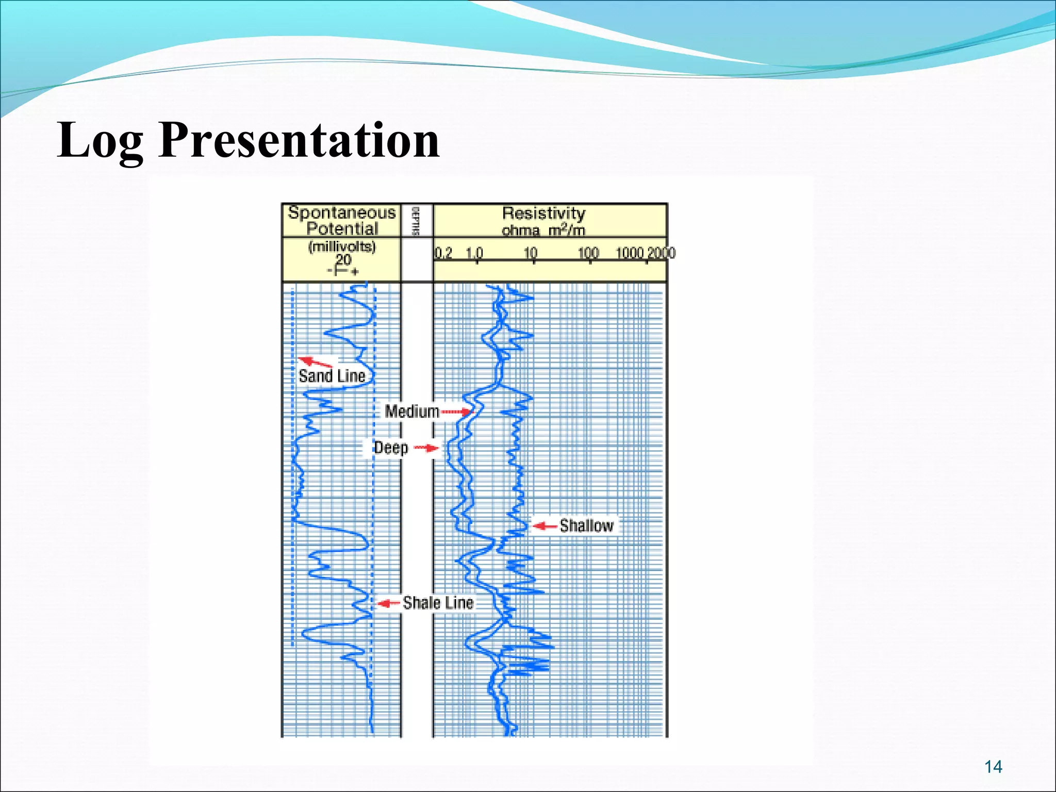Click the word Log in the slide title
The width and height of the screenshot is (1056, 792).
pos(100,140)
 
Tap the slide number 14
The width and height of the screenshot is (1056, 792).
pos(993,767)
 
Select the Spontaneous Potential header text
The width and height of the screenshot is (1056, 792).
pos(342,220)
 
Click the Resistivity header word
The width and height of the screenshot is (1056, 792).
pos(543,213)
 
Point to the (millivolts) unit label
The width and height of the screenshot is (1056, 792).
pos(342,246)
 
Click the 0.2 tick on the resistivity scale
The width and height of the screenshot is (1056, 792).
pos(442,253)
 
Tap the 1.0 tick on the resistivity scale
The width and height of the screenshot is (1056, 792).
pos(474,253)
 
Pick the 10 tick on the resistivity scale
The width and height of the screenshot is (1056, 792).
pos(531,253)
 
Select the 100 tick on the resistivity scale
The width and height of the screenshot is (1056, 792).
pos(588,253)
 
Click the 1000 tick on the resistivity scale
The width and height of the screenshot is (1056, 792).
pos(629,253)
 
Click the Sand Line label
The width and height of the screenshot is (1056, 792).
pos(332,376)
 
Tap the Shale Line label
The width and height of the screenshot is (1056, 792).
pos(438,602)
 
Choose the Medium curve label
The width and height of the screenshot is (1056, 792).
pos(411,411)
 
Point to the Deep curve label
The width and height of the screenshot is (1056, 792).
pos(390,448)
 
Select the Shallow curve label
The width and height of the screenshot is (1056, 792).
pos(586,525)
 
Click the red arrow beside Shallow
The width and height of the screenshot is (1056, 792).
pos(544,526)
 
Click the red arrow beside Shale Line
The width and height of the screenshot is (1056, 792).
pos(388,603)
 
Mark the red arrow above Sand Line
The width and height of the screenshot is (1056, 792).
pos(315,361)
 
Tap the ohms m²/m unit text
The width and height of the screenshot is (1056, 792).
pos(543,230)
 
